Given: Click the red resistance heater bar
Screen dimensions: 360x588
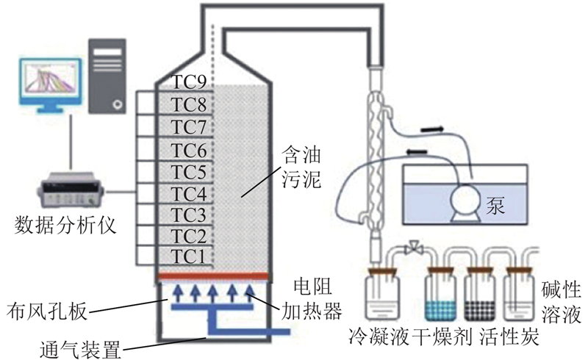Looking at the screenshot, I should click(214, 276).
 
